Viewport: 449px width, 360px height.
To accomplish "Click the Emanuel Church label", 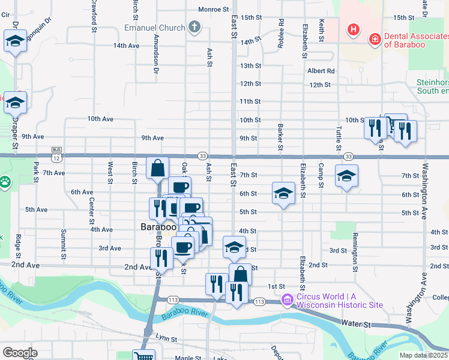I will (x=154, y=28).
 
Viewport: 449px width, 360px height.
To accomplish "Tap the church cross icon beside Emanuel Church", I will (x=193, y=27).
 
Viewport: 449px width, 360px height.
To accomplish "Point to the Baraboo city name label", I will (x=157, y=227).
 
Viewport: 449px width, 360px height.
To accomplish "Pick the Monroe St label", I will (x=214, y=9).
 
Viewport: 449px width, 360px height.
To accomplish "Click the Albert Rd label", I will (x=321, y=71).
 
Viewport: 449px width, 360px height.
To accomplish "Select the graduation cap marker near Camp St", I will (x=346, y=176).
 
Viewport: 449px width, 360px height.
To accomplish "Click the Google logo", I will (x=19, y=352).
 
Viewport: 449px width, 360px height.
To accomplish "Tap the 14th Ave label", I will (x=126, y=46).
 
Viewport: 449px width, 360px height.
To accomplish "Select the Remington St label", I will (x=355, y=246).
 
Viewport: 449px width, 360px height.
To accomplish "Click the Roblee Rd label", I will (x=280, y=31).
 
